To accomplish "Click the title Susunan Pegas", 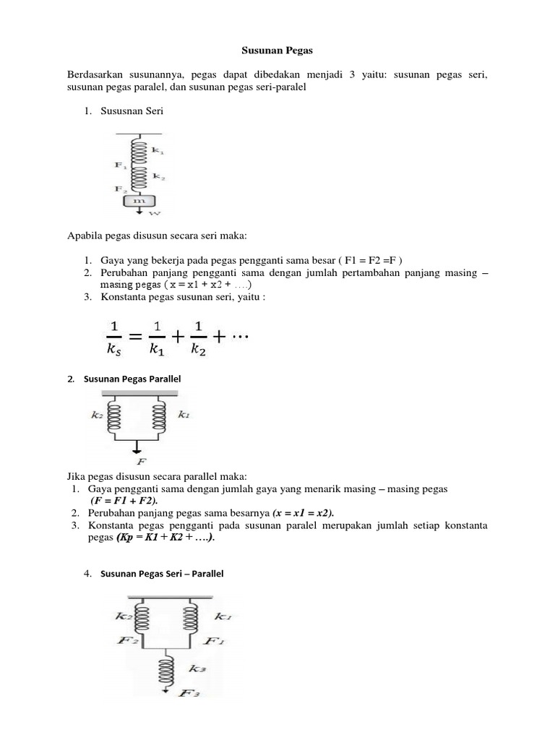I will pos(277,52).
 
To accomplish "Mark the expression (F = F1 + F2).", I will pos(124,501).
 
